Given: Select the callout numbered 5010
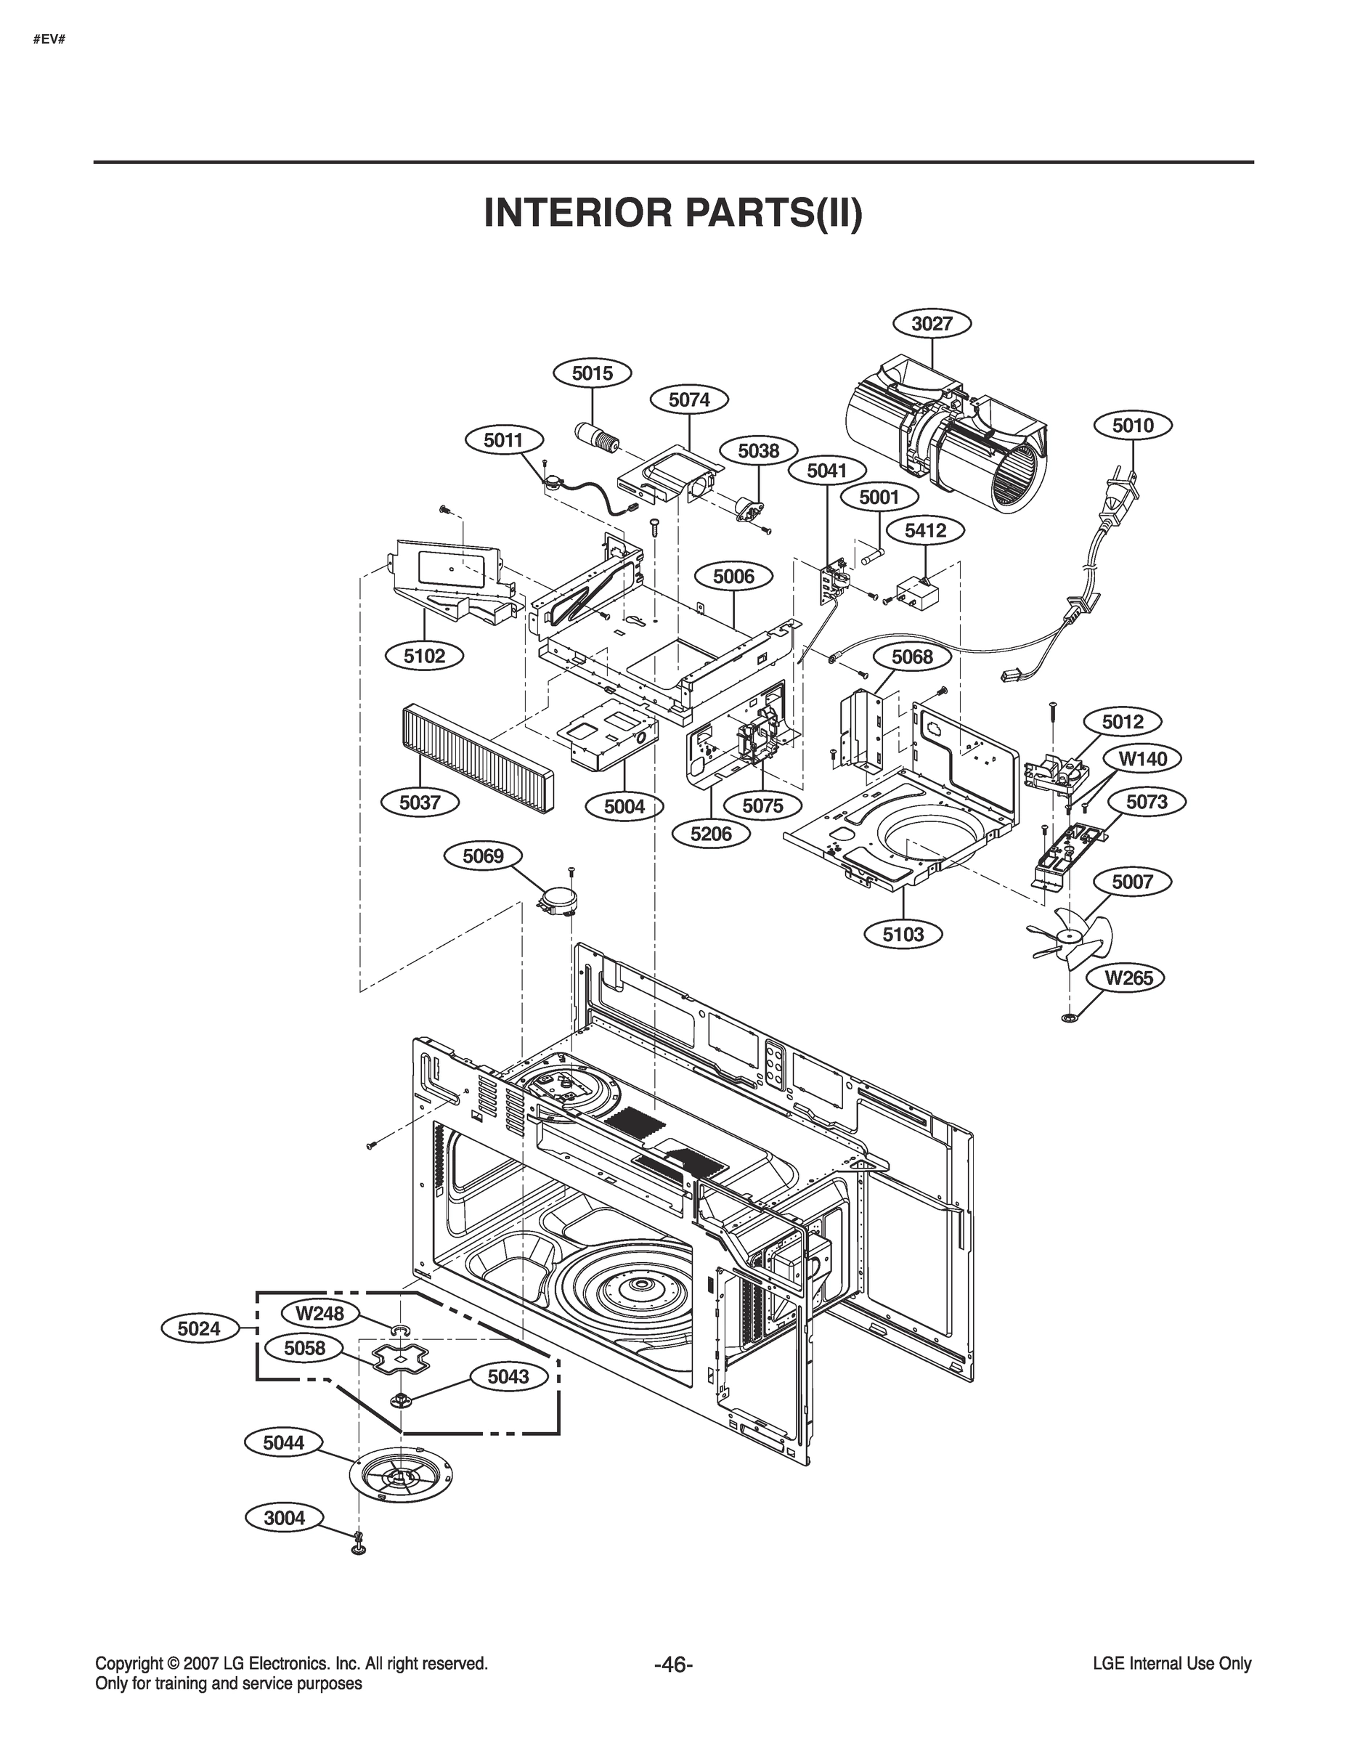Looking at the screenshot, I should pyautogui.click(x=1132, y=426).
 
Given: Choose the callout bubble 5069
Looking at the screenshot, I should pyautogui.click(x=483, y=856).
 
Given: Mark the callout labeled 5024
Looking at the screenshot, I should pyautogui.click(x=199, y=1329).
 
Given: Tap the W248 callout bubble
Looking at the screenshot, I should pyautogui.click(x=320, y=1313).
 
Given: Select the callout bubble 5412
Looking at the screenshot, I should pyautogui.click(x=925, y=530).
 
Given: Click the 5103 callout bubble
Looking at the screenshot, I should pyautogui.click(x=903, y=935).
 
